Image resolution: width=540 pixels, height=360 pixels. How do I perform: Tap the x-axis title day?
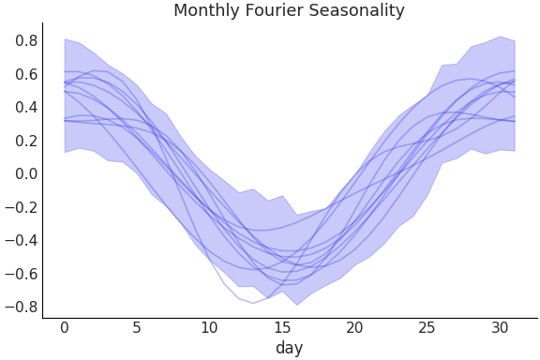tap(289, 349)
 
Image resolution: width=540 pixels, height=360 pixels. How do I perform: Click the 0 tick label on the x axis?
tap(65, 327)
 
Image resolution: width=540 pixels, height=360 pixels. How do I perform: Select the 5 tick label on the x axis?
tap(137, 327)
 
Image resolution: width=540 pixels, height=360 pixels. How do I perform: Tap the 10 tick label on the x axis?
tap(209, 327)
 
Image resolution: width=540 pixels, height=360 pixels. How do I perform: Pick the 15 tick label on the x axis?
tap(282, 327)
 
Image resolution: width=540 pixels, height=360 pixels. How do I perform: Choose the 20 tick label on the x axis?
tap(354, 327)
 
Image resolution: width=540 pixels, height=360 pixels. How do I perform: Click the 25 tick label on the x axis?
tap(427, 327)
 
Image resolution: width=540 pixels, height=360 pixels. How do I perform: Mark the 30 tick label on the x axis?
tap(500, 327)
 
